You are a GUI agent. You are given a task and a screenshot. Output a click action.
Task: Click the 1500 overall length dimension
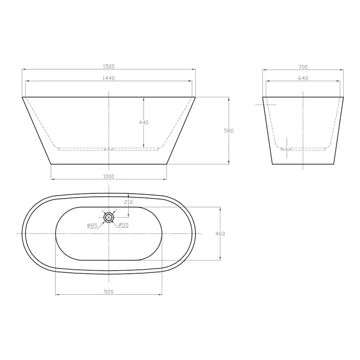pos(109,67)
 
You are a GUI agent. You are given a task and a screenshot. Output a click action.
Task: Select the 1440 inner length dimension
pos(109,78)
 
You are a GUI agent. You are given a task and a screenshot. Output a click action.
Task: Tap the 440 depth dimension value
pos(144,123)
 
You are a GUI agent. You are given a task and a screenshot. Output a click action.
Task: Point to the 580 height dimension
pos(229,130)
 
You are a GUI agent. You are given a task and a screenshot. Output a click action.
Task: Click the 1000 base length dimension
pos(109,177)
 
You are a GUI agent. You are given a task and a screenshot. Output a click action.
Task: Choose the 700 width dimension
pos(303,67)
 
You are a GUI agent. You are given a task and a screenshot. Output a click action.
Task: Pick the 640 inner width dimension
pos(303,78)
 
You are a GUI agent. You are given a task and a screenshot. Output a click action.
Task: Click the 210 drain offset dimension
pos(128,202)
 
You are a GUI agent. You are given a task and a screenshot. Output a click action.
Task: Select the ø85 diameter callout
pos(92,226)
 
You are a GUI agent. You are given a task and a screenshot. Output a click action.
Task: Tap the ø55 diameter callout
pos(123,225)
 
